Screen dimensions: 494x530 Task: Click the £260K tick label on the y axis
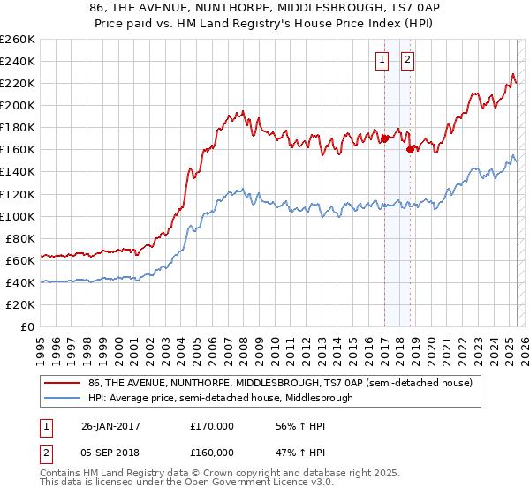point(18,40)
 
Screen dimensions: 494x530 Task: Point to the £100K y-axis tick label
point(18,216)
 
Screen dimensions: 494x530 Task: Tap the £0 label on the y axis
point(27,326)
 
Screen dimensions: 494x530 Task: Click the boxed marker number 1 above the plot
point(382,60)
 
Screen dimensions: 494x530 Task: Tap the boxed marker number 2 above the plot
point(407,60)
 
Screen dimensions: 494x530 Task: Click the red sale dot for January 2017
point(385,138)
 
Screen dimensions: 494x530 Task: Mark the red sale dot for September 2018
point(410,149)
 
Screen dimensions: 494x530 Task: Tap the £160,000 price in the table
point(212,452)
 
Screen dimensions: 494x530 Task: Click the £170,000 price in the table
point(212,425)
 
